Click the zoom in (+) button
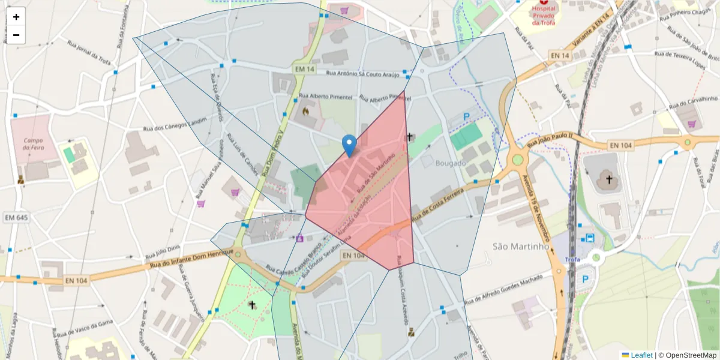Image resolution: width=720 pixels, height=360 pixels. click(x=16, y=17)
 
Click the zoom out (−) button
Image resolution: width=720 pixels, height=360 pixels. click(x=16, y=35)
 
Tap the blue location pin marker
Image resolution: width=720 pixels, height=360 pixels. click(x=349, y=146)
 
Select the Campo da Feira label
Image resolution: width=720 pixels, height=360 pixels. click(x=33, y=143)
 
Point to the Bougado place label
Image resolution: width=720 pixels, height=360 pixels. click(x=451, y=163)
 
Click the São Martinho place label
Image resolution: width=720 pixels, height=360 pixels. click(x=521, y=246)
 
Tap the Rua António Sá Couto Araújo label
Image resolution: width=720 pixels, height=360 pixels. click(x=362, y=74)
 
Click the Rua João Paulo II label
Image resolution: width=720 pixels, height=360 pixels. click(x=551, y=141)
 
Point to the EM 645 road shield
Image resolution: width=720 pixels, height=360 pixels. click(x=16, y=217)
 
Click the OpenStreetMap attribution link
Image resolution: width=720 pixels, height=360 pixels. click(x=691, y=355)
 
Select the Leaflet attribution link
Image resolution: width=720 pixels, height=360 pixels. click(x=641, y=355)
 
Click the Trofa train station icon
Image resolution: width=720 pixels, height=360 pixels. click(x=590, y=238)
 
